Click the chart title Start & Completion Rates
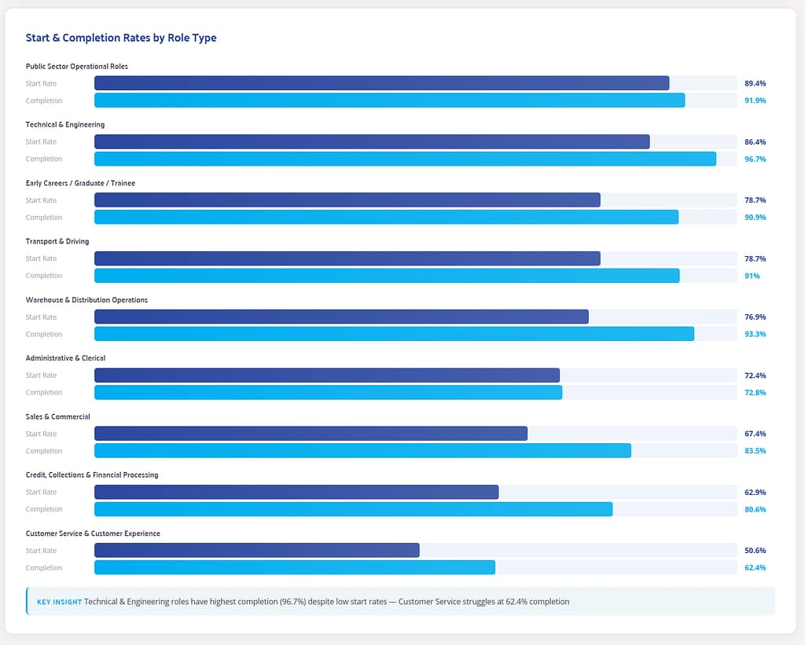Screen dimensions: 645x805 pos(120,38)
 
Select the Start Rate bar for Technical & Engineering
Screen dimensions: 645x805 pos(372,141)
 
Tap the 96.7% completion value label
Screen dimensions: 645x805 pos(755,159)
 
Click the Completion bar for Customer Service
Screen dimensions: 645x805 pos(295,567)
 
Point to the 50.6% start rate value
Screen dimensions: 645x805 pos(755,551)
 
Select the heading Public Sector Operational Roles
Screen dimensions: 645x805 pos(76,66)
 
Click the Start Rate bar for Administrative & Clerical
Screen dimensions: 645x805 pos(326,376)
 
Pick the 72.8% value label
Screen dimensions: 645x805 pos(755,392)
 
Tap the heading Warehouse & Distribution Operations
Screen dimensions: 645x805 pos(86,300)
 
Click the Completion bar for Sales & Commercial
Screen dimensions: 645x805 pos(362,451)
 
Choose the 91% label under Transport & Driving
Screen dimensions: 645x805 pos(752,276)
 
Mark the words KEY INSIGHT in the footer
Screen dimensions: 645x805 pos(59,602)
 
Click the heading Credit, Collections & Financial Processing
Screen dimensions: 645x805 pos(92,475)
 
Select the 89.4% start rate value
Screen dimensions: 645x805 pos(755,83)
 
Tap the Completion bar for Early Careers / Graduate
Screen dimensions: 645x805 pos(386,217)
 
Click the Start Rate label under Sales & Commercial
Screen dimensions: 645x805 pos(41,434)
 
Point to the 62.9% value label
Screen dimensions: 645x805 pos(755,493)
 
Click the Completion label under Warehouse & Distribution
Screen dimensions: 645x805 pos(43,334)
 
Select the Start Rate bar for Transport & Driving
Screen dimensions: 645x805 pos(347,258)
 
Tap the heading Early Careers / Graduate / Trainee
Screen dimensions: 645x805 pos(80,183)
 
